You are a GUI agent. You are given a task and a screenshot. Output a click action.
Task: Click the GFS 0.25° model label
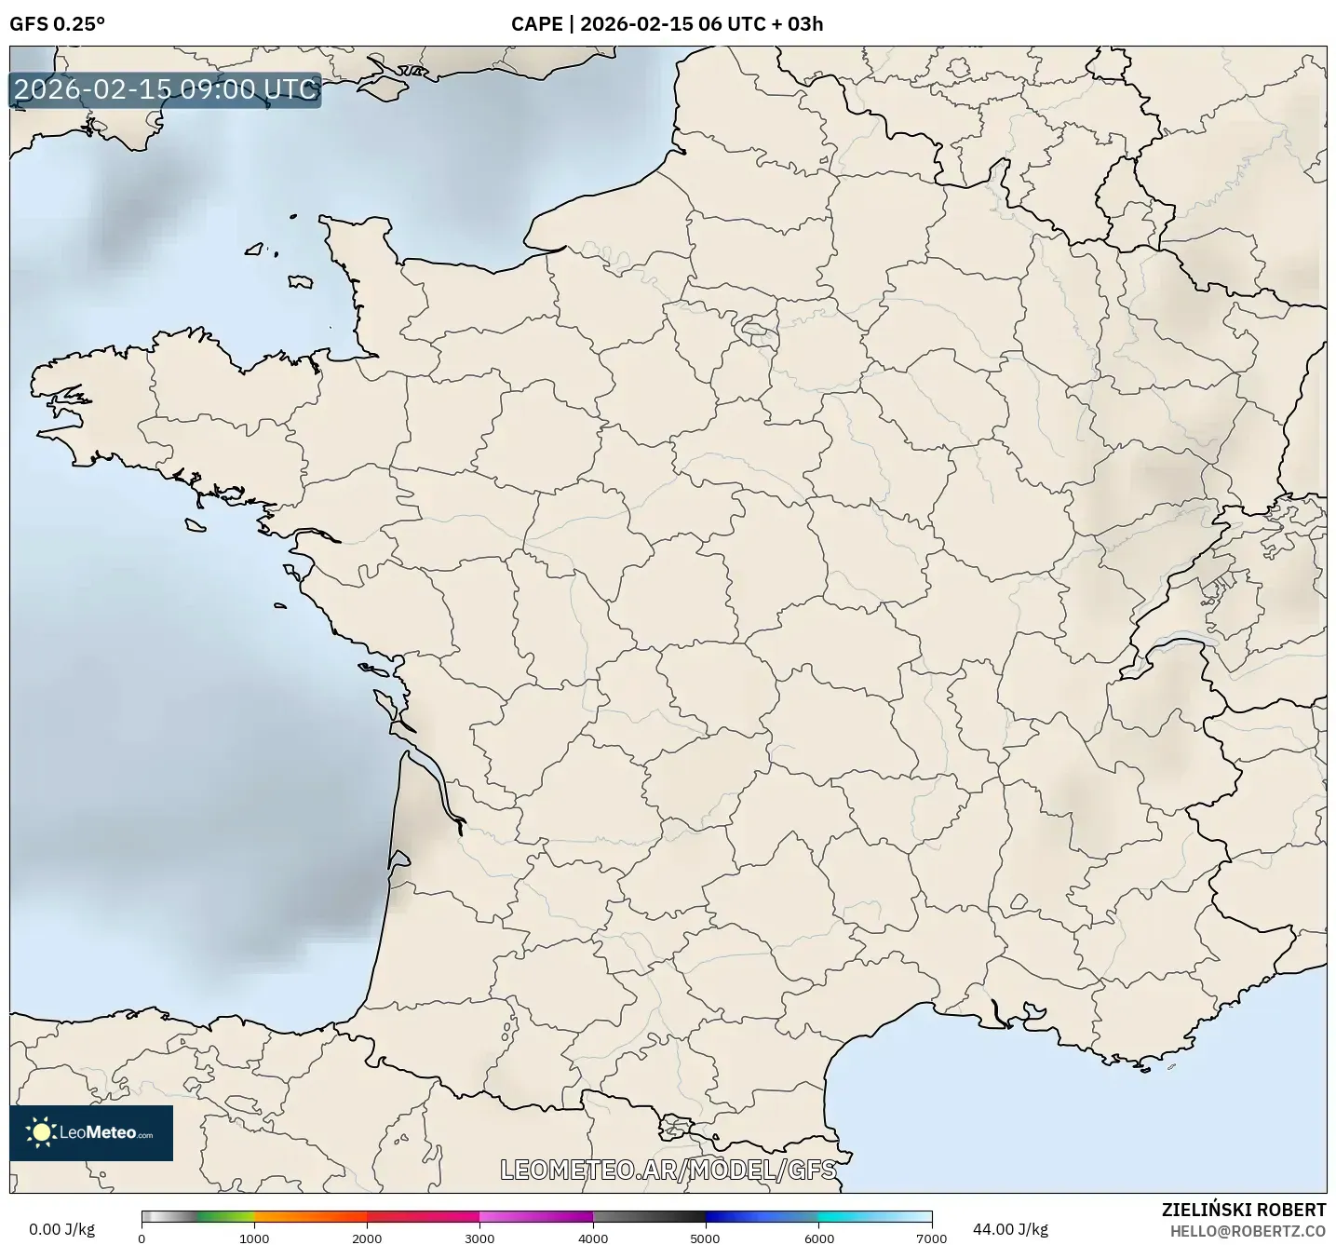pyautogui.click(x=57, y=24)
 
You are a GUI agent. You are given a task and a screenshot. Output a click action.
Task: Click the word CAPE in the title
pyautogui.click(x=536, y=24)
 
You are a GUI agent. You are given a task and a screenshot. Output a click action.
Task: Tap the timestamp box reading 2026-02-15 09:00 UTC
pyautogui.click(x=166, y=89)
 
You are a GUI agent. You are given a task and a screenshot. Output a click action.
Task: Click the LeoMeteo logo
pyautogui.click(x=91, y=1132)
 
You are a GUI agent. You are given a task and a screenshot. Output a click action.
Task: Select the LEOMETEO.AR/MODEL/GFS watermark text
pyautogui.click(x=668, y=1170)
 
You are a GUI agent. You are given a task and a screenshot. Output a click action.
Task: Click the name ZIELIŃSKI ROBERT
pyautogui.click(x=1244, y=1210)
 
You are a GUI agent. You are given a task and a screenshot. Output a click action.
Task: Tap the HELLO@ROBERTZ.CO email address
pyautogui.click(x=1248, y=1231)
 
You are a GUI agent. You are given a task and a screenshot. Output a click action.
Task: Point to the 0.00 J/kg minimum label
pyautogui.click(x=61, y=1229)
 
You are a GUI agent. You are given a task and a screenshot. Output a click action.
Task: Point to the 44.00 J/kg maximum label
pyautogui.click(x=1010, y=1229)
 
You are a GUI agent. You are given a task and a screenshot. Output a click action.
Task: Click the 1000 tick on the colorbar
pyautogui.click(x=254, y=1238)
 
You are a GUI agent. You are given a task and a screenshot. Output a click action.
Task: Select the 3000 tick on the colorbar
pyautogui.click(x=480, y=1238)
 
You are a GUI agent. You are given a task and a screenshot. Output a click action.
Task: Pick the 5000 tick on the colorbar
pyautogui.click(x=706, y=1238)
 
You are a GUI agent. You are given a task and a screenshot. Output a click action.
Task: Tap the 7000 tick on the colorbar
pyautogui.click(x=931, y=1238)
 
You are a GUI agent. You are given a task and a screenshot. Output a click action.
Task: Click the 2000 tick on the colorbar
pyautogui.click(x=367, y=1238)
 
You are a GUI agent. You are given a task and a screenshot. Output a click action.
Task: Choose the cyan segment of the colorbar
pyautogui.click(x=847, y=1216)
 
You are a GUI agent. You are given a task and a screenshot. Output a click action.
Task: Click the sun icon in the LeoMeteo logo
pyautogui.click(x=41, y=1132)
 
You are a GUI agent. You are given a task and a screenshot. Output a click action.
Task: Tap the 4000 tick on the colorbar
pyautogui.click(x=593, y=1238)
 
